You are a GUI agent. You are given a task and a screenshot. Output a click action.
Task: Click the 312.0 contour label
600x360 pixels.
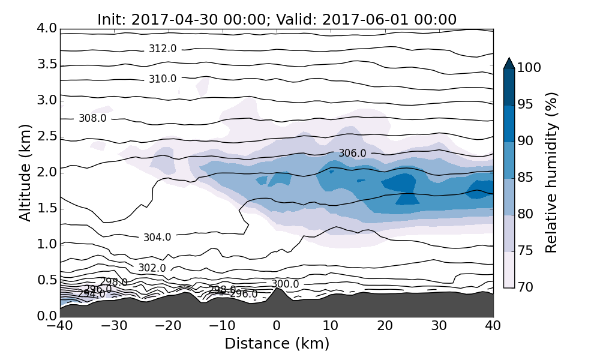pyautogui.click(x=163, y=49)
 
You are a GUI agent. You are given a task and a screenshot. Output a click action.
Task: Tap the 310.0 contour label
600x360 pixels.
pyautogui.click(x=163, y=79)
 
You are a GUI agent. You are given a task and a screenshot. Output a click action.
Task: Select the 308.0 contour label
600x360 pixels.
pyautogui.click(x=92, y=118)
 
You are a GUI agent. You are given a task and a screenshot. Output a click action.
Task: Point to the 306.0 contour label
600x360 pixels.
pyautogui.click(x=352, y=153)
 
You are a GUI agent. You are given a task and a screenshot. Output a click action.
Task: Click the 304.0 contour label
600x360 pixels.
pyautogui.click(x=157, y=237)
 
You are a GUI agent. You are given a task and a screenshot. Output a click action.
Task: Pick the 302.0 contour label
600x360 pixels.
pyautogui.click(x=152, y=268)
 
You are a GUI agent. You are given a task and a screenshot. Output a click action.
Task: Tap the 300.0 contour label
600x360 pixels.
pyautogui.click(x=285, y=284)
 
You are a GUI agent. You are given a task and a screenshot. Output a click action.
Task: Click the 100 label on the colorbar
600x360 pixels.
pyautogui.click(x=530, y=68)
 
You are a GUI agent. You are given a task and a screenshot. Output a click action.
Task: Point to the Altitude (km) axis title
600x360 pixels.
pyautogui.click(x=25, y=172)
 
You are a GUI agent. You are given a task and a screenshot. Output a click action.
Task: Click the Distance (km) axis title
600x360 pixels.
pyautogui.click(x=277, y=344)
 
